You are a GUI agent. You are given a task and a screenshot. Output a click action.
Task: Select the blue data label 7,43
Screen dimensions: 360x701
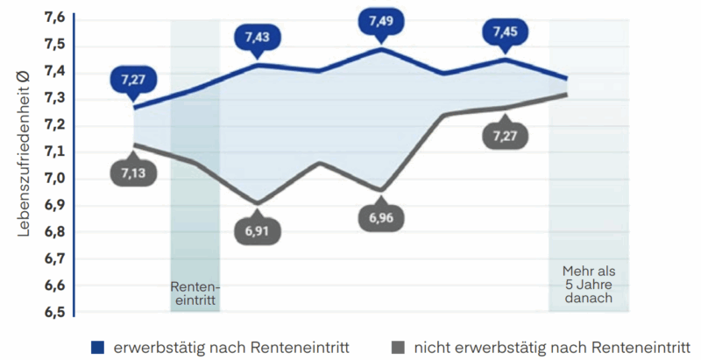click(x=258, y=38)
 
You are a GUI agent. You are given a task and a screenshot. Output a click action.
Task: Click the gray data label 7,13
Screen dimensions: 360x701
click(x=133, y=173)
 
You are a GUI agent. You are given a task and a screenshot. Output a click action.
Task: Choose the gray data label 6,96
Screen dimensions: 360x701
click(x=380, y=218)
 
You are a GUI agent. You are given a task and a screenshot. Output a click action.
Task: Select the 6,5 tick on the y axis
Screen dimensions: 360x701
click(x=54, y=312)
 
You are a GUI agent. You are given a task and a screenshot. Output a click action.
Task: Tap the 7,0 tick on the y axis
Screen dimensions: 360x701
click(x=54, y=179)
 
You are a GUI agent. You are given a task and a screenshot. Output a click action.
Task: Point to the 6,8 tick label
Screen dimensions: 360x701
click(x=54, y=232)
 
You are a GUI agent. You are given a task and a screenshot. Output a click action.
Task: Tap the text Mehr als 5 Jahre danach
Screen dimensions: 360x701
click(x=588, y=285)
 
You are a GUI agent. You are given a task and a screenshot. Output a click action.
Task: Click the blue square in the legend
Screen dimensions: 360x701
click(x=98, y=347)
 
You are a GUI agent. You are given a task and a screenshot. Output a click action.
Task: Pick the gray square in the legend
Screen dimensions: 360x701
click(x=397, y=347)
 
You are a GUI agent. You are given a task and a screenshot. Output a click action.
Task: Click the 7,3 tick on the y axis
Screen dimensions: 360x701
click(x=54, y=98)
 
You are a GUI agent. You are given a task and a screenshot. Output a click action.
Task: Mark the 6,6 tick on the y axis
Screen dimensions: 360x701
click(x=54, y=286)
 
